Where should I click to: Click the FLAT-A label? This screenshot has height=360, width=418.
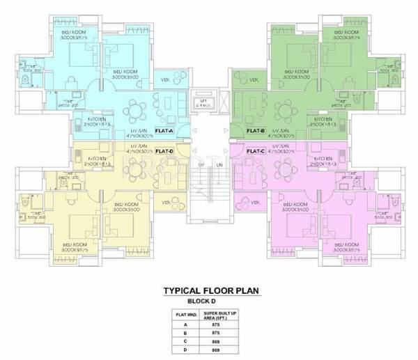(x=164, y=130)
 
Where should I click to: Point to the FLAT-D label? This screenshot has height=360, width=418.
(x=164, y=151)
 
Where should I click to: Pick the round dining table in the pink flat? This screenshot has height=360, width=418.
(x=284, y=170)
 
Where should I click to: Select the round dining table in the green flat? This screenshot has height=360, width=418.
(x=284, y=110)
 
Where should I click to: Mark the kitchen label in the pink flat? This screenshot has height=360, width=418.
(x=324, y=159)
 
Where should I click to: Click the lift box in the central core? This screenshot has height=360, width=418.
(x=204, y=102)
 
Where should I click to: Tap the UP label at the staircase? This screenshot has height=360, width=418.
(x=201, y=164)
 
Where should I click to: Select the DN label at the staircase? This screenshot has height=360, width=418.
(x=217, y=164)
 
